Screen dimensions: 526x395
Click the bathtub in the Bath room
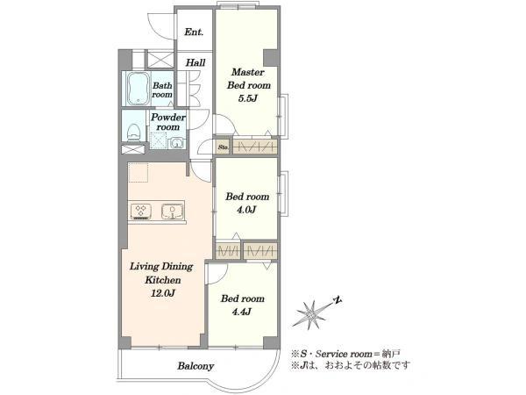(x=138, y=89)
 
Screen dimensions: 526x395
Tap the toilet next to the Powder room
(x=134, y=133)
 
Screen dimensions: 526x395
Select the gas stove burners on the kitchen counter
(x=141, y=211)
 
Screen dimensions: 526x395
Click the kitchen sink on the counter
(x=172, y=212)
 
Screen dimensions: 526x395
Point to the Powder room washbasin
(x=175, y=143)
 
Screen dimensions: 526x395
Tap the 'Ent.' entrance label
(x=194, y=32)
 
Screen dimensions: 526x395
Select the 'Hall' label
(x=195, y=62)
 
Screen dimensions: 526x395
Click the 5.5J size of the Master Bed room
(x=248, y=98)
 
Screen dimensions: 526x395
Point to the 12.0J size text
(x=163, y=293)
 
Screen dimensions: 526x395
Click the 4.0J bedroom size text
(x=246, y=210)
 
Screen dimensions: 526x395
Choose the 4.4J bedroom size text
(x=242, y=312)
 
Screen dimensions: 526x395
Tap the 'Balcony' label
(x=195, y=365)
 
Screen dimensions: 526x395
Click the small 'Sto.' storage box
(x=223, y=147)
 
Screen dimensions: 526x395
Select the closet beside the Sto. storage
(x=255, y=147)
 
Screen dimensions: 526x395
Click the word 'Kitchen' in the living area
(x=163, y=280)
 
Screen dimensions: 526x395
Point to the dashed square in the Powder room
(x=158, y=140)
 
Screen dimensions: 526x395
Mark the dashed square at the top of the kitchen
(x=139, y=173)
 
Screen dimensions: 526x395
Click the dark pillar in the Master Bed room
(x=271, y=57)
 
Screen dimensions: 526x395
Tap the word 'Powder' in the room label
(x=168, y=118)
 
